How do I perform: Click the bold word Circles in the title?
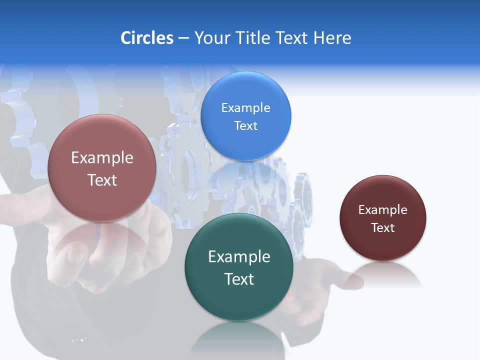[x=146, y=38]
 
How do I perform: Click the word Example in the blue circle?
[x=245, y=108]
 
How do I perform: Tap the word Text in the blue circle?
[x=245, y=125]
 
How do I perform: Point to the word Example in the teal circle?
[x=239, y=257]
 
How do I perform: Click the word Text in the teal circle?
[x=239, y=279]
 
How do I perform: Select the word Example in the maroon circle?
[x=382, y=210]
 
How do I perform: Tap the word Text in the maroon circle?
[x=382, y=228]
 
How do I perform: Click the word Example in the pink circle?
[x=102, y=158]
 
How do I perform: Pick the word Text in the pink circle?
[x=102, y=180]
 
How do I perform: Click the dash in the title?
[x=183, y=38]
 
